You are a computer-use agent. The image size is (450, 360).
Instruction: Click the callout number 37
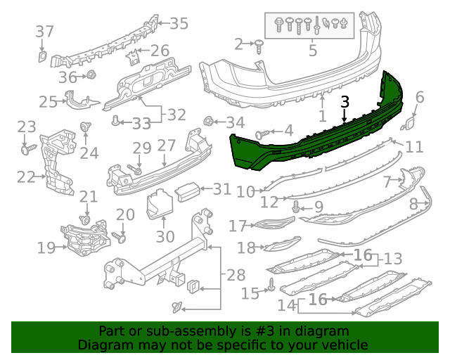44,32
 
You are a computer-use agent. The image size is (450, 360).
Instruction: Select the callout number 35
179,24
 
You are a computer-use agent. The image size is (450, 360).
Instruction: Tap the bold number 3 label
345,101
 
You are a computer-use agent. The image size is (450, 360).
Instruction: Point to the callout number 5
313,51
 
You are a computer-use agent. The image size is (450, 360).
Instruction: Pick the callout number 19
46,247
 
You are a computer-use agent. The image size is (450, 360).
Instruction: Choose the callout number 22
26,176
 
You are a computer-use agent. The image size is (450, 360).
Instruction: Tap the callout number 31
221,188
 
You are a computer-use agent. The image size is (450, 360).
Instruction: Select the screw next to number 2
259,46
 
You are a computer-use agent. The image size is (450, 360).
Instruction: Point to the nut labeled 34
209,121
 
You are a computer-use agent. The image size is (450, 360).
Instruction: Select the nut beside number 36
91,75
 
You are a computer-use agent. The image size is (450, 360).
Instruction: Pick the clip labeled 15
271,285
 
